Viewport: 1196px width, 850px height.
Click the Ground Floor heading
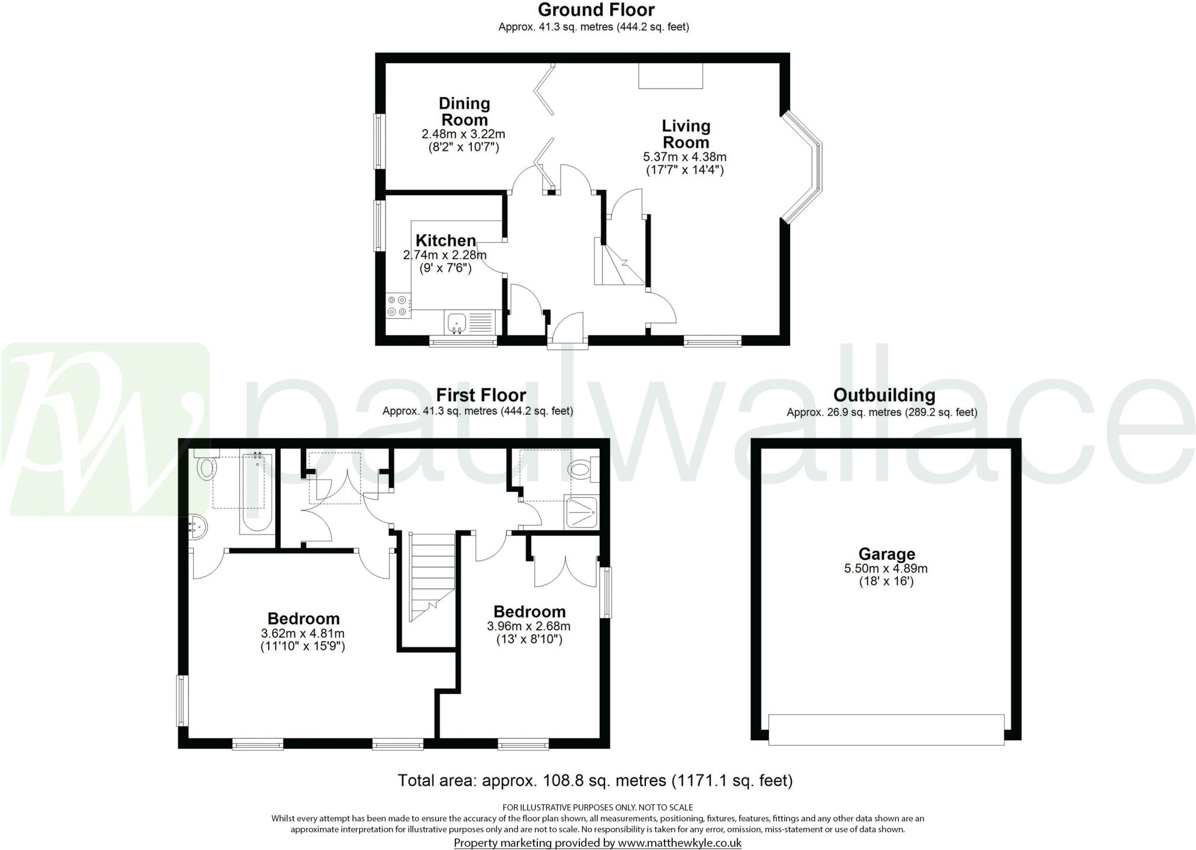(596, 10)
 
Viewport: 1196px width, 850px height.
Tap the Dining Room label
(464, 112)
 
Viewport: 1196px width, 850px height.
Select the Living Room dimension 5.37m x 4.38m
(684, 157)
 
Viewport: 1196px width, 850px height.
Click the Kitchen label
(446, 241)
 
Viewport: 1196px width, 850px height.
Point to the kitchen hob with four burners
(397, 306)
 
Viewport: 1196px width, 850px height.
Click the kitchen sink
(457, 322)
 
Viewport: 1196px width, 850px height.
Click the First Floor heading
(481, 395)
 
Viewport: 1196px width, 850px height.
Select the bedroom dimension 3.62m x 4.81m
(303, 634)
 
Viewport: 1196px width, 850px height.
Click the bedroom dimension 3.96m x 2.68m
(529, 626)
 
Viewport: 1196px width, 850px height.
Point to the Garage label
(886, 554)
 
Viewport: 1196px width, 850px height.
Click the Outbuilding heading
(884, 395)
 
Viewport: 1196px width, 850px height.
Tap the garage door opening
(886, 730)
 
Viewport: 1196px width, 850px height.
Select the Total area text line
(595, 780)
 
